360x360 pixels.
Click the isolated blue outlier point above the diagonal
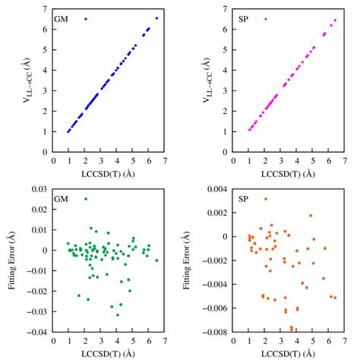point(86,18)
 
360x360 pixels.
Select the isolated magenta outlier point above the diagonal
point(265,18)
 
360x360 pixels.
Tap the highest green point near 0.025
point(86,199)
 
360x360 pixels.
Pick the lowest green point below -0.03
point(117,315)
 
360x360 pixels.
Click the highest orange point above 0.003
point(265,199)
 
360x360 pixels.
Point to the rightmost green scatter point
point(156,260)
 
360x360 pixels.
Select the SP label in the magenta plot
point(242,17)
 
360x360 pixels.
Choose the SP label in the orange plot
point(242,200)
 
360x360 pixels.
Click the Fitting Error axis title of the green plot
point(9,261)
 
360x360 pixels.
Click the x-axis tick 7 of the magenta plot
point(345,160)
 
